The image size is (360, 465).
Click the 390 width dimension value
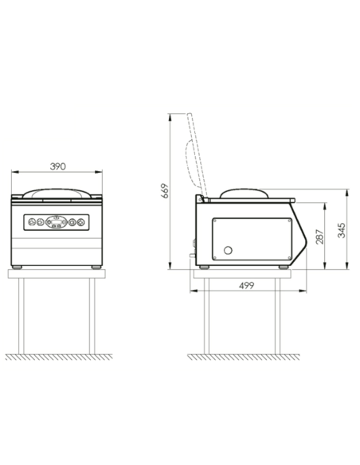[57, 166]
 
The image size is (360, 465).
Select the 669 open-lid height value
[165, 191]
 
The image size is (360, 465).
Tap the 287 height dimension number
[319, 236]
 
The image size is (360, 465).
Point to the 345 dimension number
[342, 230]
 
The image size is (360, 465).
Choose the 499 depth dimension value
[246, 285]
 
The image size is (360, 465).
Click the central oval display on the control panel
[57, 222]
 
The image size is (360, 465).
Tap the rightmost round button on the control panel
[81, 222]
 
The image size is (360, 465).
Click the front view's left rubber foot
[17, 268]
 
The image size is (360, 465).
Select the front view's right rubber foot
[96, 268]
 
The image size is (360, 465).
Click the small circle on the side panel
[228, 250]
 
